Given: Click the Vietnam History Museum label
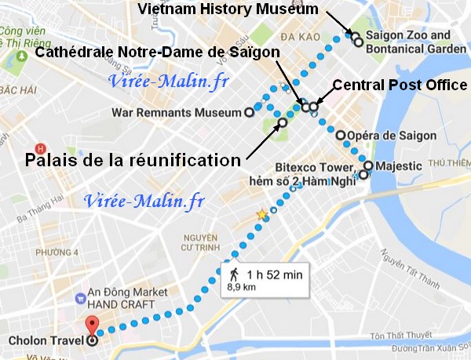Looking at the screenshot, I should click(x=228, y=9).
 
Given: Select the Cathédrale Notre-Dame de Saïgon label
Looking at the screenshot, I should click(x=157, y=53).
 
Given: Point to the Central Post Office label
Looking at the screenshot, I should click(x=400, y=85).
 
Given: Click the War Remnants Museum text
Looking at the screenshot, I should click(x=177, y=112).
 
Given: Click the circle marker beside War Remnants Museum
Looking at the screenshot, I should click(x=250, y=112).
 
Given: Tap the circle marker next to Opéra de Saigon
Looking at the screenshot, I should click(x=341, y=136).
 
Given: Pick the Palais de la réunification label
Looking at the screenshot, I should click(x=132, y=160).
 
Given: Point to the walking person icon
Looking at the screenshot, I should click(x=234, y=274).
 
